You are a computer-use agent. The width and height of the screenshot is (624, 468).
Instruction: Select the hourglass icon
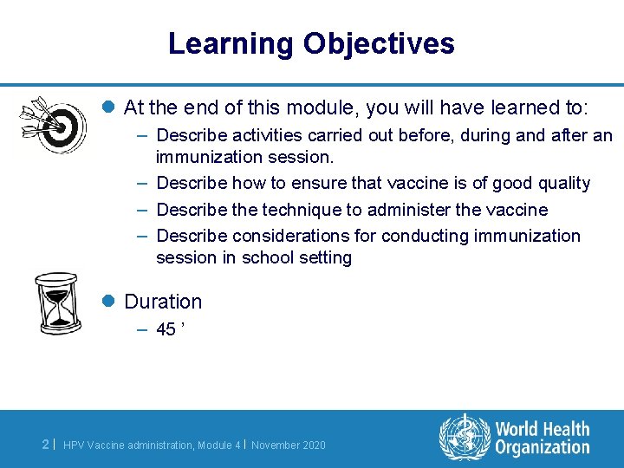[57, 303]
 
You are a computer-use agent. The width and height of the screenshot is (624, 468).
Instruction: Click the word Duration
[163, 302]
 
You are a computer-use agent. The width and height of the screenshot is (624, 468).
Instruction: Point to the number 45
[166, 328]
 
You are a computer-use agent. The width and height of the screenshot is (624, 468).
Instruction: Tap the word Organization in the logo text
[543, 447]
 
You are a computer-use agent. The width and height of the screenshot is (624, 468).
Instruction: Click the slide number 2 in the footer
[45, 445]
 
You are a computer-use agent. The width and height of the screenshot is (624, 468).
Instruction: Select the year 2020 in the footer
[314, 445]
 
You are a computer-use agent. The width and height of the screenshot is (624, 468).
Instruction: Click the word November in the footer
[275, 445]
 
